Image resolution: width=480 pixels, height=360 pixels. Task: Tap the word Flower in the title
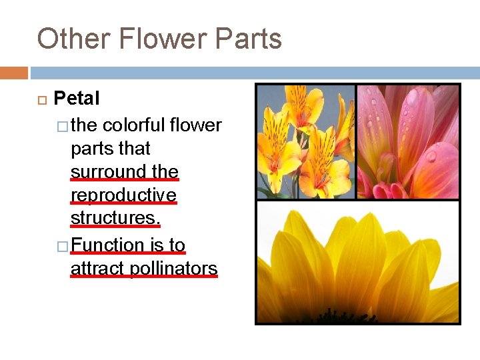pyautogui.click(x=153, y=39)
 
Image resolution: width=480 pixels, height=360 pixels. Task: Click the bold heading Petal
pyautogui.click(x=77, y=99)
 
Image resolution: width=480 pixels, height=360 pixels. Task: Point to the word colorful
pyautogui.click(x=133, y=125)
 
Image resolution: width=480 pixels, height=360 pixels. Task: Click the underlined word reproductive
pyautogui.click(x=123, y=195)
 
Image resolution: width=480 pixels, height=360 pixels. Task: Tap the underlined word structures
pyautogui.click(x=115, y=219)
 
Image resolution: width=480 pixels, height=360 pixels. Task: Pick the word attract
pyautogui.click(x=98, y=269)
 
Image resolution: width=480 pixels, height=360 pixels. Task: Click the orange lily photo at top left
pyautogui.click(x=305, y=141)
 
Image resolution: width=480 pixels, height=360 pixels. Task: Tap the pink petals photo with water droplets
pyautogui.click(x=408, y=141)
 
